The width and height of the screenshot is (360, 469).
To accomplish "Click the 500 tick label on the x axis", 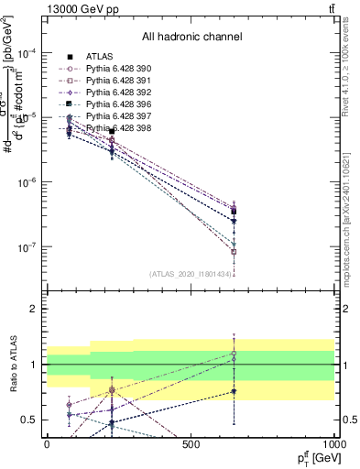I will (191, 444).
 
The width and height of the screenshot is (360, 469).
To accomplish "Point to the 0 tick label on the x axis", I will (47, 444).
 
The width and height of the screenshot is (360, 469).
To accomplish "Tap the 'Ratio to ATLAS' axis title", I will (13, 365).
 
